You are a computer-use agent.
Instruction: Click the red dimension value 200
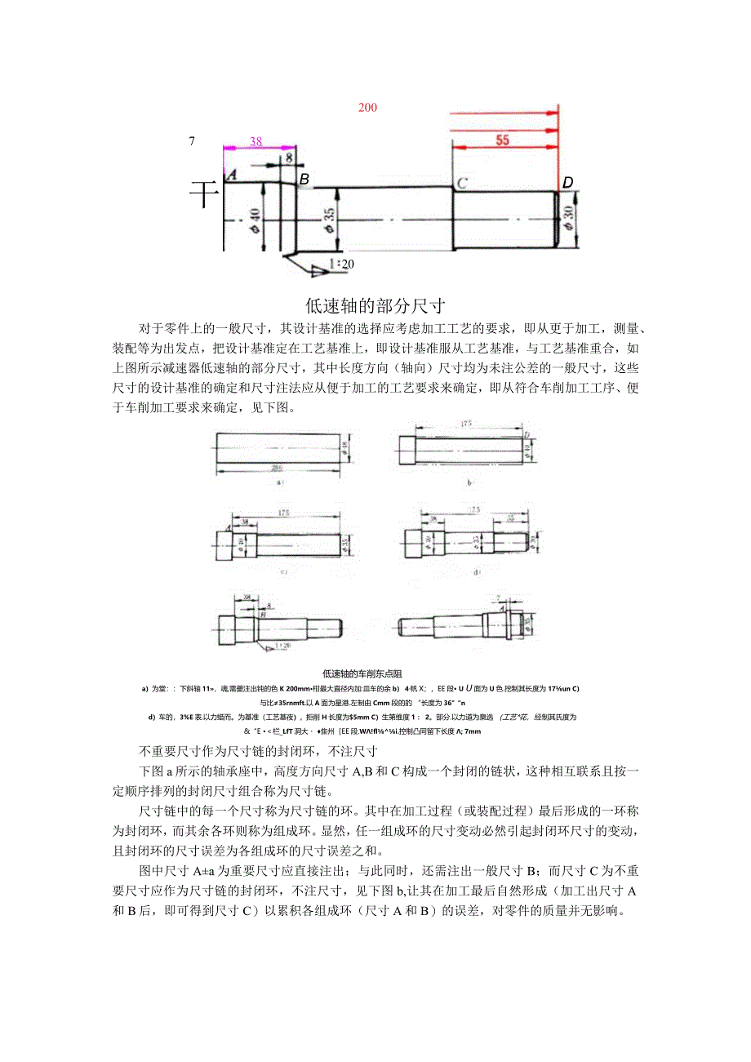point(367,108)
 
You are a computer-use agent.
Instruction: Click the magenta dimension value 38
point(256,141)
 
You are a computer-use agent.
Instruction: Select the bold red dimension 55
point(502,140)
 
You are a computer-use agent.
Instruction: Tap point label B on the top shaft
point(304,179)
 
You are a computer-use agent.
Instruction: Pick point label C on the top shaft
point(462,183)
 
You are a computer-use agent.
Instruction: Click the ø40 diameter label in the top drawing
point(255,219)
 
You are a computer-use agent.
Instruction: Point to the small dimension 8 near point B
point(288,158)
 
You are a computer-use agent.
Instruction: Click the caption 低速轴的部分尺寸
point(375,306)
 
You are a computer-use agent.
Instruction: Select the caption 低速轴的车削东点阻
point(362,674)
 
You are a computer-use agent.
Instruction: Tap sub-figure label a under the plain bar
point(280,482)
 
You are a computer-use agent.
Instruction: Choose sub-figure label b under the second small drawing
point(469,482)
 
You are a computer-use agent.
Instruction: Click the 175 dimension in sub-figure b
point(467,423)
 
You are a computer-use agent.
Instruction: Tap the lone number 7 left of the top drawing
point(192,140)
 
